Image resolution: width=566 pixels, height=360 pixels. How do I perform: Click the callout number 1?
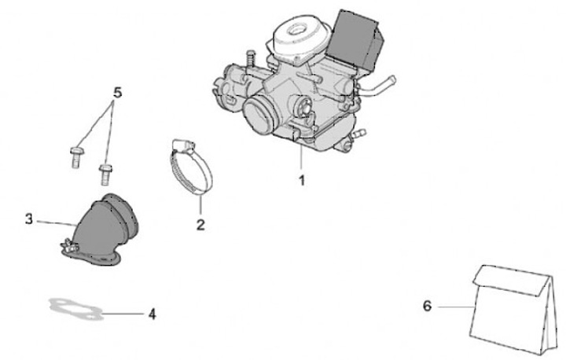point(302,180)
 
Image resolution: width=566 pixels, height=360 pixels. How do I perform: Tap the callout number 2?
point(200,225)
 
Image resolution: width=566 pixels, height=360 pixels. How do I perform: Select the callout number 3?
point(29,219)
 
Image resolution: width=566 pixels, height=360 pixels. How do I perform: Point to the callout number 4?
point(153,314)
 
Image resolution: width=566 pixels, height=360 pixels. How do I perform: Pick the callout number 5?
point(118,93)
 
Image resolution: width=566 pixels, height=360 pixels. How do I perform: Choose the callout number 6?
point(427,306)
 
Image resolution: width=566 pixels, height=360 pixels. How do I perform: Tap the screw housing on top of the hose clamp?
point(182,145)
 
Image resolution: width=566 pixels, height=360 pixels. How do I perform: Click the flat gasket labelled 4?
point(76,309)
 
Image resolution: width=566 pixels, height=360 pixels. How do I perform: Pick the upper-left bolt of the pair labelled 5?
point(75,156)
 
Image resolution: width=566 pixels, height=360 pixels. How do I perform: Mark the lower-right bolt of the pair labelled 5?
point(105,174)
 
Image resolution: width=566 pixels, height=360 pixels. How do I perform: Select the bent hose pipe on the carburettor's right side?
point(377,86)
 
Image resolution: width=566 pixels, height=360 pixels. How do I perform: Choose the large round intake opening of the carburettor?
point(259,116)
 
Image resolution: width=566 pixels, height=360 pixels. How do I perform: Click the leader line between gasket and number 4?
point(123,314)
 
